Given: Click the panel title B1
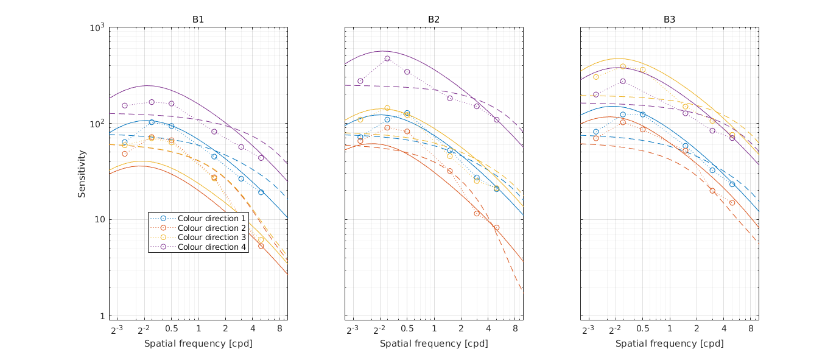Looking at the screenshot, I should [198, 19].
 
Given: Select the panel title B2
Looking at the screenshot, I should [434, 19].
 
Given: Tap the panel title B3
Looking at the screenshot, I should [669, 19].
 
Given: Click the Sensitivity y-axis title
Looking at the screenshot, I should [82, 174].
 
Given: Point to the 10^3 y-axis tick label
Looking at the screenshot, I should [97, 28].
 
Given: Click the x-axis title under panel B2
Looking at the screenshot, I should [434, 344].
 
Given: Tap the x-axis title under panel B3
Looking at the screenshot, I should [669, 344].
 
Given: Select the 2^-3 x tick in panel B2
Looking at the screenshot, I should [353, 330].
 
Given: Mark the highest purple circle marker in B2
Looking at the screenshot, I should [387, 58].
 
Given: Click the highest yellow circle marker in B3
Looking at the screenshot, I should [623, 66].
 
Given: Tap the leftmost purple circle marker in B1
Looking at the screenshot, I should [125, 105].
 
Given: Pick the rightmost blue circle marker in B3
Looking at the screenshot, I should [732, 184].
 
